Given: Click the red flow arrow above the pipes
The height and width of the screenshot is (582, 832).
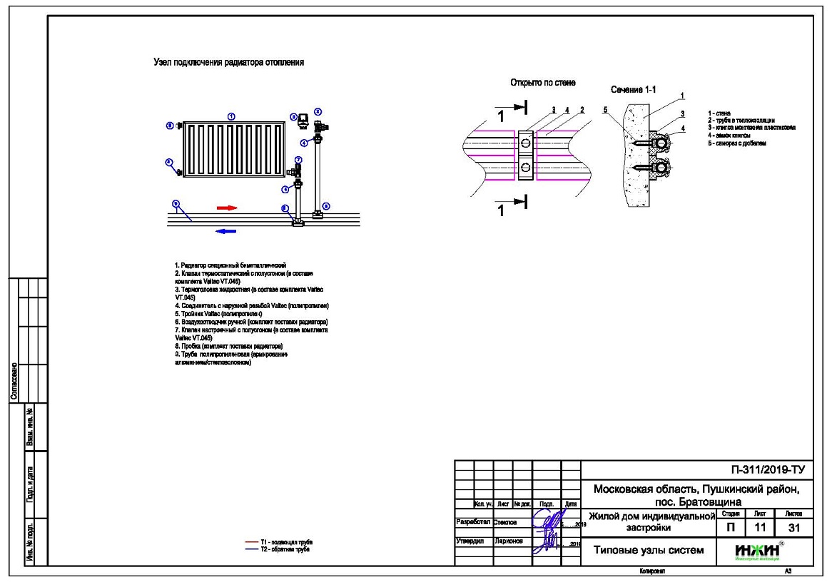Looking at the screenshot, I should [226, 208].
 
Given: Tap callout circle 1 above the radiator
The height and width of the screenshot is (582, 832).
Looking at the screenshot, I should [231, 116].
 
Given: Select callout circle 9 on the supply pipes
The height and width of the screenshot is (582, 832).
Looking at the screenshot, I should [176, 204].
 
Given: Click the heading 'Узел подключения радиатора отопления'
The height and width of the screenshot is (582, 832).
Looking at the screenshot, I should [229, 63].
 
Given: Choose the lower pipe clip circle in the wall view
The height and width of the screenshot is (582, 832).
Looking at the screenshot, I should [525, 168].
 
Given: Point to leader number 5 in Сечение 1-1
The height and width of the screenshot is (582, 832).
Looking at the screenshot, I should [605, 111].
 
